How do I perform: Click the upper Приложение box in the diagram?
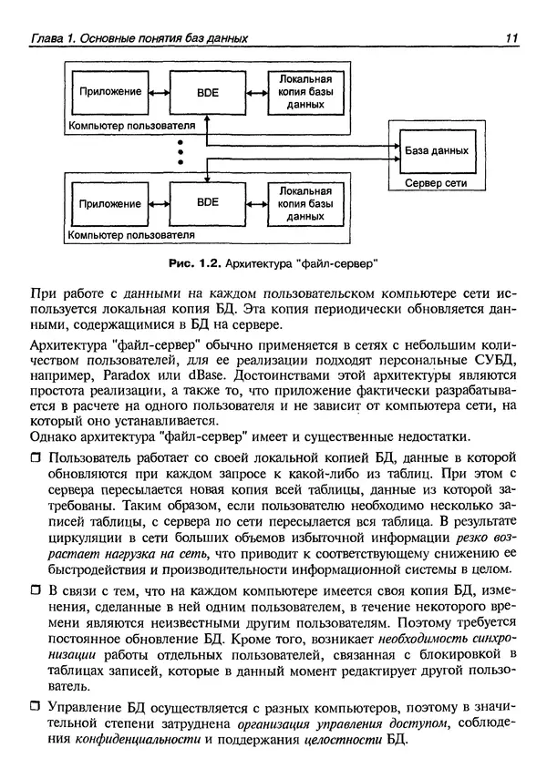click(x=110, y=92)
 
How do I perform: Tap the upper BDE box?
click(x=208, y=92)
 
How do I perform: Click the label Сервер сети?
click(x=434, y=182)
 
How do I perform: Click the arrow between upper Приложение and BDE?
click(x=159, y=92)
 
